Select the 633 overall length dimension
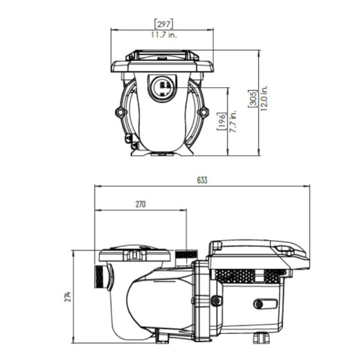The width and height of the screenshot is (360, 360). click(x=201, y=180)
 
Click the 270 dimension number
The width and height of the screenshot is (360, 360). click(x=141, y=205)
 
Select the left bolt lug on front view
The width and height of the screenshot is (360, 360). click(x=121, y=111)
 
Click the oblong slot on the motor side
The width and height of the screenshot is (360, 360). click(x=264, y=303)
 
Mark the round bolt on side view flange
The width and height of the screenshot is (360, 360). click(x=217, y=300)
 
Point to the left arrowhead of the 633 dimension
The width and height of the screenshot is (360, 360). click(x=96, y=186)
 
